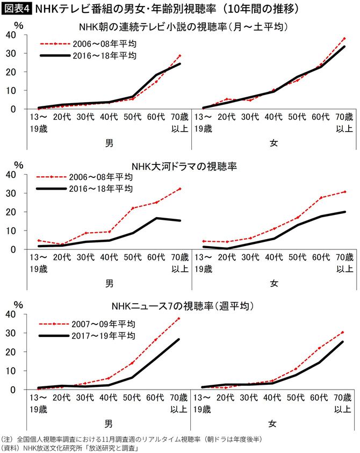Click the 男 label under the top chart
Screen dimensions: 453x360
(x=109, y=142)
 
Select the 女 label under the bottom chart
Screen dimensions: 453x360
(x=274, y=422)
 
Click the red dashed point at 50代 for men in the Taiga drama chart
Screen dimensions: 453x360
(x=132, y=208)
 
